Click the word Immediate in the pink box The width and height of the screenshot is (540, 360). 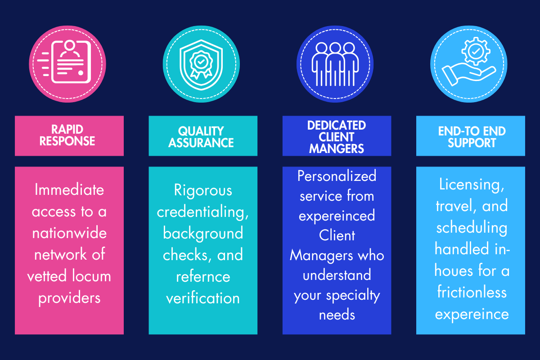pos(69,190)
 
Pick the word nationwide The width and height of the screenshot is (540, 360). pos(69,233)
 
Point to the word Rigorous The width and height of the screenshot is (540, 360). pos(203,190)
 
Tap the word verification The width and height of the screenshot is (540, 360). pos(203,297)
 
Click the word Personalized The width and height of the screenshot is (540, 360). pos(337,175)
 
